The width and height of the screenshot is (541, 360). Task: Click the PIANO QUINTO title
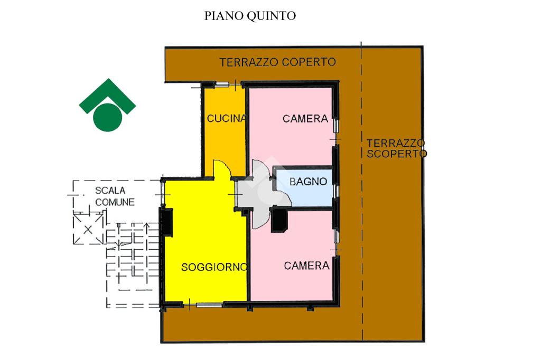tap(250, 16)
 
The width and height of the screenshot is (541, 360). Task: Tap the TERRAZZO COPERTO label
tap(277, 62)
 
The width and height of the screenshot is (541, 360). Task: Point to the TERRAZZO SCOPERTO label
tap(396, 148)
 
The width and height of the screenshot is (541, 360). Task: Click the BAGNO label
tap(308, 182)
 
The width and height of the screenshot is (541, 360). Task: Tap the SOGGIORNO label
tap(214, 267)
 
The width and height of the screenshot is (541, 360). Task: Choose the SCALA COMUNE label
tap(115, 196)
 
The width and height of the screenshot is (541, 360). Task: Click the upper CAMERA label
tap(305, 119)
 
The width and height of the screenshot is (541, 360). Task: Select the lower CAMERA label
tap(306, 266)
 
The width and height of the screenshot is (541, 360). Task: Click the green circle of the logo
tap(108, 116)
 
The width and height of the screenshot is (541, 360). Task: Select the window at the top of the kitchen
tap(222, 84)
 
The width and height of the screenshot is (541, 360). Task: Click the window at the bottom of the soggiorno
tap(209, 305)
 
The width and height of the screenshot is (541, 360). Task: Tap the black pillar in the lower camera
tap(279, 221)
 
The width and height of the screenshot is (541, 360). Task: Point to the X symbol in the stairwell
tap(88, 229)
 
